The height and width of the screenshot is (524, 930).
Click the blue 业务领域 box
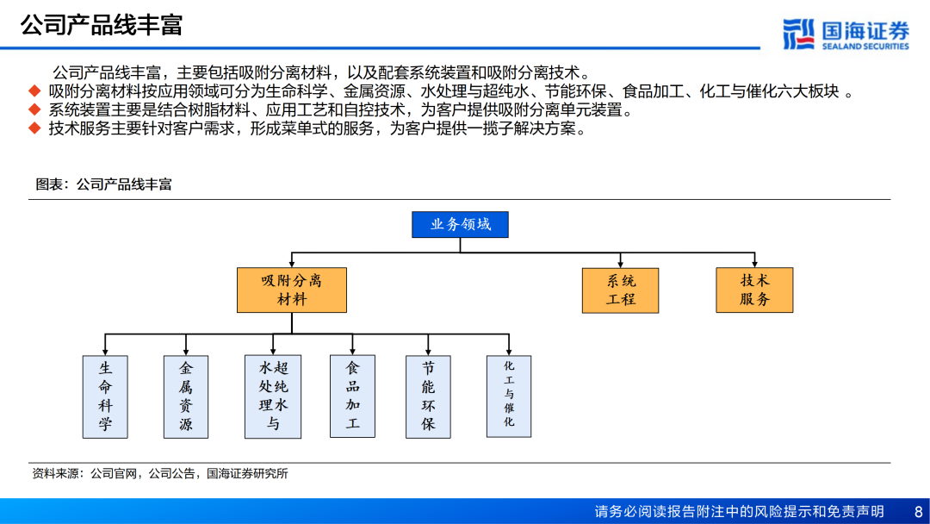point(460,224)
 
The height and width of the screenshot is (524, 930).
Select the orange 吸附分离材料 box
point(292,290)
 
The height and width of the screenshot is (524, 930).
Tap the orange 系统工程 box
point(621,290)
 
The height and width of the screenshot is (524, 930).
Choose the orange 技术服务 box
point(754,290)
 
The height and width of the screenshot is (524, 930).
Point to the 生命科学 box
point(105,396)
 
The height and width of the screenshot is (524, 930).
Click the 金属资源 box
point(186,396)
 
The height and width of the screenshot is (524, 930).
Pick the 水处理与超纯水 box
point(273,396)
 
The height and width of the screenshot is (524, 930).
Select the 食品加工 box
point(353,396)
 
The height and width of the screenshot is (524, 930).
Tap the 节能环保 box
point(428,396)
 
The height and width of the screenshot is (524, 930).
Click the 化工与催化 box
point(509,396)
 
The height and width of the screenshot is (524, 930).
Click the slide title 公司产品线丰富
point(102,25)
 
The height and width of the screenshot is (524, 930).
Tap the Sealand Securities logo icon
point(798,34)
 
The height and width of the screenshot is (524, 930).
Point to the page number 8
point(917,511)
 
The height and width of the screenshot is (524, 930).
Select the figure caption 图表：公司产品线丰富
point(103,184)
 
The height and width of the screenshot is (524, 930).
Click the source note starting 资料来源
point(159,473)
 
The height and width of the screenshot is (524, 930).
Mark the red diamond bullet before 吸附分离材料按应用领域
point(34,91)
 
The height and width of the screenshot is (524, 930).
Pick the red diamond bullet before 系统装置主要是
point(34,110)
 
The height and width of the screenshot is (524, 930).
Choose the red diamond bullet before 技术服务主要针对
point(34,129)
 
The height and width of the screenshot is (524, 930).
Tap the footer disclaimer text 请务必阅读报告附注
point(739,511)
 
